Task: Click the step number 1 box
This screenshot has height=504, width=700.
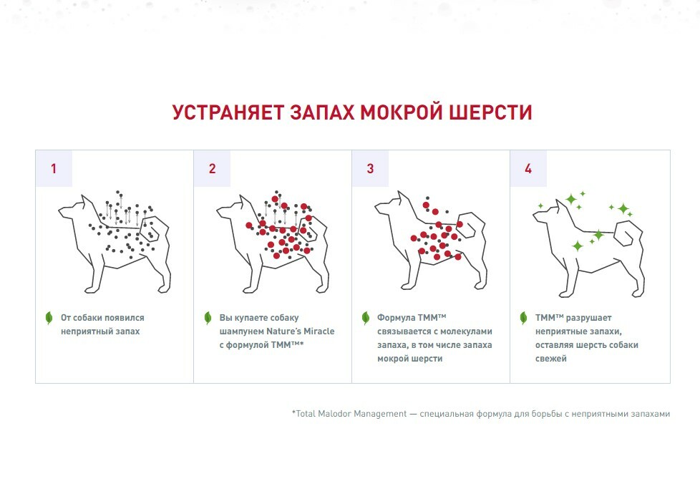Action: (x=54, y=168)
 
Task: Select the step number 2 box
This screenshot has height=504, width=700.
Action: (x=212, y=168)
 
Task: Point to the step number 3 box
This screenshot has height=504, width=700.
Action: (x=370, y=168)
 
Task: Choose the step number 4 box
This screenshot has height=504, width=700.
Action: (x=528, y=168)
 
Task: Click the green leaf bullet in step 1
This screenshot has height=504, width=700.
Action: (x=49, y=318)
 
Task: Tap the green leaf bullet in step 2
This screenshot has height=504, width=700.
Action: (x=208, y=318)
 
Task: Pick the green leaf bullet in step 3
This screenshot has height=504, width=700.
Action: (x=366, y=318)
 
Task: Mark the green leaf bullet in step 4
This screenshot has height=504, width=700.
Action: (x=524, y=318)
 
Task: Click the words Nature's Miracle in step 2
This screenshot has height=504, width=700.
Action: (x=301, y=331)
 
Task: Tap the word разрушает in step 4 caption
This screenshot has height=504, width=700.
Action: (x=589, y=319)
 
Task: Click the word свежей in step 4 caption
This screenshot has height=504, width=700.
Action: (x=551, y=359)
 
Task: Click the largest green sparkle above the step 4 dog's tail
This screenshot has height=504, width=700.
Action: (x=623, y=208)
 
